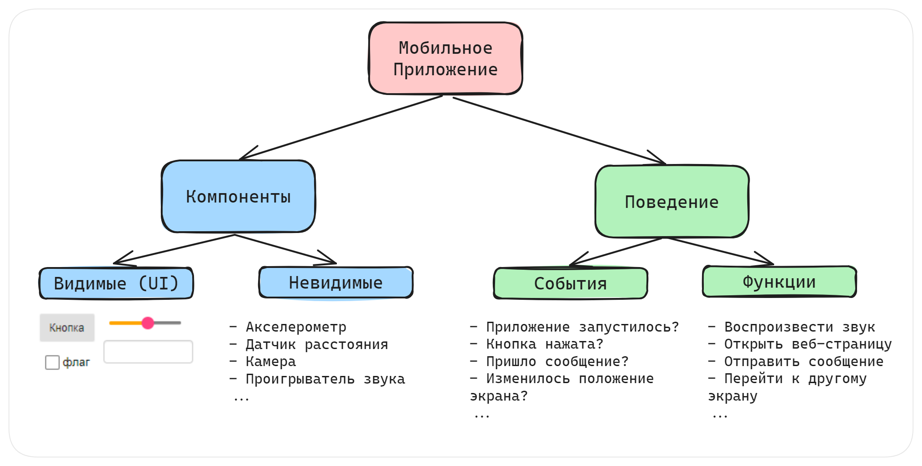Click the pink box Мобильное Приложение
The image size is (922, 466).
445,59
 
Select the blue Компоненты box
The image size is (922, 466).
238,197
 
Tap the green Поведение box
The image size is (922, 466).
672,202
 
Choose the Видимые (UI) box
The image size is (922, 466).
116,283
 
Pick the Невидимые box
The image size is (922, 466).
336,283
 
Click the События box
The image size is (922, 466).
570,283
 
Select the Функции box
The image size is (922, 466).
779,282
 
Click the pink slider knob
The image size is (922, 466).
148,323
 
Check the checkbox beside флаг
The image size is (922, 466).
52,362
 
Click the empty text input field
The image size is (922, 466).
148,352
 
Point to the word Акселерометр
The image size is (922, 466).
296,327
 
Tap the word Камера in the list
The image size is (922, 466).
271,362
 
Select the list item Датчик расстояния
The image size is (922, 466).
317,345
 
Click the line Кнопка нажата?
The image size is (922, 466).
545,344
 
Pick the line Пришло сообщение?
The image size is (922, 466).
557,362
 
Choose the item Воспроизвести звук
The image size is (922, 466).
799,327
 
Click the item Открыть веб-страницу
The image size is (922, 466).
808,344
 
